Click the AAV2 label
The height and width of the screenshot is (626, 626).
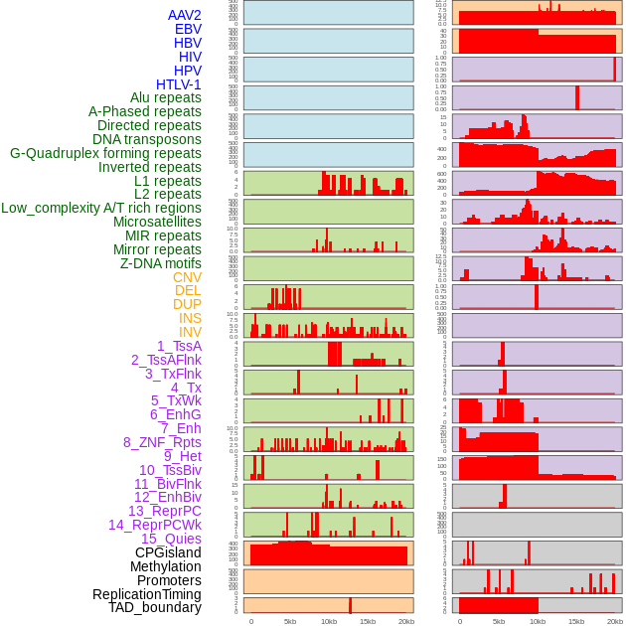pos(184,15)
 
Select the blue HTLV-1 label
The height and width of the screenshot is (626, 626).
pos(178,84)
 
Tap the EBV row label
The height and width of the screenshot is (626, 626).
pos(188,29)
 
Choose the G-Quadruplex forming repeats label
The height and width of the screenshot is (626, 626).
pos(105,153)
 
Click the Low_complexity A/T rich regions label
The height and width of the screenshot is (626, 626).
pos(101,208)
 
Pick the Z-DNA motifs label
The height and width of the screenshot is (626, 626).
pos(160,263)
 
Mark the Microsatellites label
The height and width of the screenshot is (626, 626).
pos(157,222)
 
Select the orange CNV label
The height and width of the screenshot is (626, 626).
pos(187,277)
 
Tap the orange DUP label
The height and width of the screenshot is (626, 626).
pos(187,304)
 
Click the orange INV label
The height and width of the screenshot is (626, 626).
pos(190,332)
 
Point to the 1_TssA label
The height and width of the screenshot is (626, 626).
pos(179,346)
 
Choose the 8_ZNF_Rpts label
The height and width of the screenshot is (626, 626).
pos(162,442)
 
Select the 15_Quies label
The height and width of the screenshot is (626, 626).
pos(171,539)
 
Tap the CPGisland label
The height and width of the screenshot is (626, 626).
pos(168,552)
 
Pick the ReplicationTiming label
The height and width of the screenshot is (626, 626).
pos(146,594)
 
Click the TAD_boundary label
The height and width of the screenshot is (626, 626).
pos(154,607)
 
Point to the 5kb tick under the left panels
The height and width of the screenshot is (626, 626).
pos(290,621)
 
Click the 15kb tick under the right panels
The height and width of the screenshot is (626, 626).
pos(576,621)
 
